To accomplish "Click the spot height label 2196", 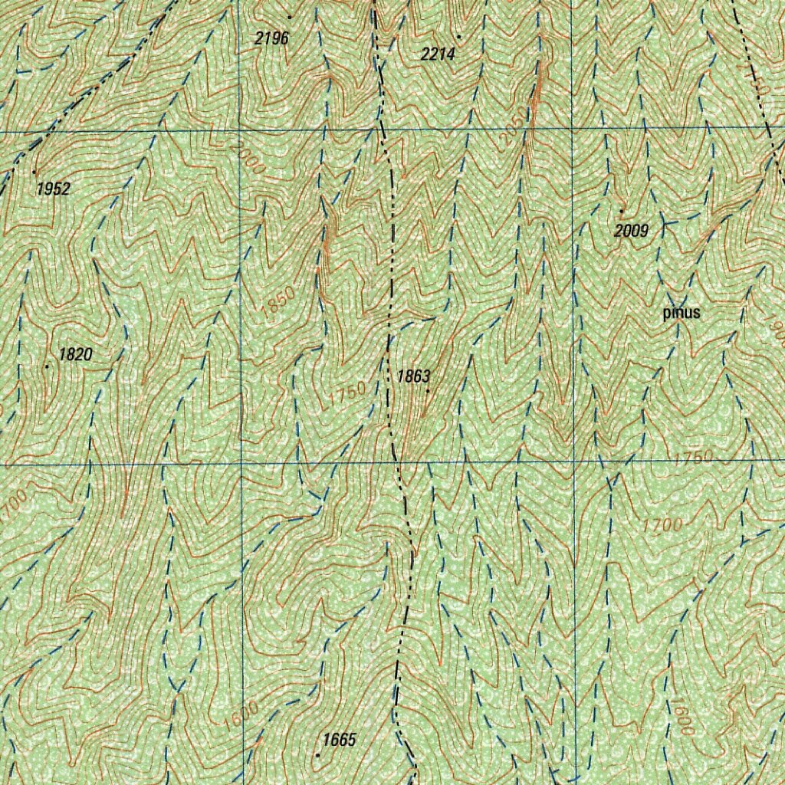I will (272, 38).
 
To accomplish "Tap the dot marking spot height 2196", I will (290, 17).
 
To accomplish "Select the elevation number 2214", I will (438, 54).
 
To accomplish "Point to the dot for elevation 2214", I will (459, 36).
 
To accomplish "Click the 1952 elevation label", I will (54, 189).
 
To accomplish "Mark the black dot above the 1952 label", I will (34, 172).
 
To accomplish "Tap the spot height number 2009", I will (632, 230).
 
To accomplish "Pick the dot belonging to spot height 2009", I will (621, 210).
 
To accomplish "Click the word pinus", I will (682, 313).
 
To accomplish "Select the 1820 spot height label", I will (75, 354).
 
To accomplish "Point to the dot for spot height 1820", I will (47, 366).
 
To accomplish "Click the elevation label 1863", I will (414, 376).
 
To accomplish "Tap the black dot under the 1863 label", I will (428, 392).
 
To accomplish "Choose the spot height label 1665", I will (340, 740).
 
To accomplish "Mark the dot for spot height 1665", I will (318, 755).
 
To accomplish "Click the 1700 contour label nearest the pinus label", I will (663, 526).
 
